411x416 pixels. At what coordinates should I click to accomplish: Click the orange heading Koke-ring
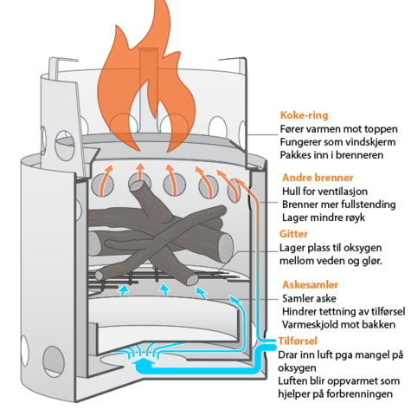click(304, 115)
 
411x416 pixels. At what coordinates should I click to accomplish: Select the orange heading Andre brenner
click(318, 178)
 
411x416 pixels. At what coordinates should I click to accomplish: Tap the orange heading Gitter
click(293, 234)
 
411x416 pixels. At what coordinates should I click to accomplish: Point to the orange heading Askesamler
click(311, 284)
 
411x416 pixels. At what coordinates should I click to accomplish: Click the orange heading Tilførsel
click(298, 341)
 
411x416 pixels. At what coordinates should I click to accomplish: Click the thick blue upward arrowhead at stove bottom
click(144, 361)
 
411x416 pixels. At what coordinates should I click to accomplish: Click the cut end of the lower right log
click(225, 249)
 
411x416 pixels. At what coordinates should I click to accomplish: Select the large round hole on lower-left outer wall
click(54, 361)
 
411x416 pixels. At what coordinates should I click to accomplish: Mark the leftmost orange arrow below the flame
click(106, 179)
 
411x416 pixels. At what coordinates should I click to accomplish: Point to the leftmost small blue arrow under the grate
click(124, 290)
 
